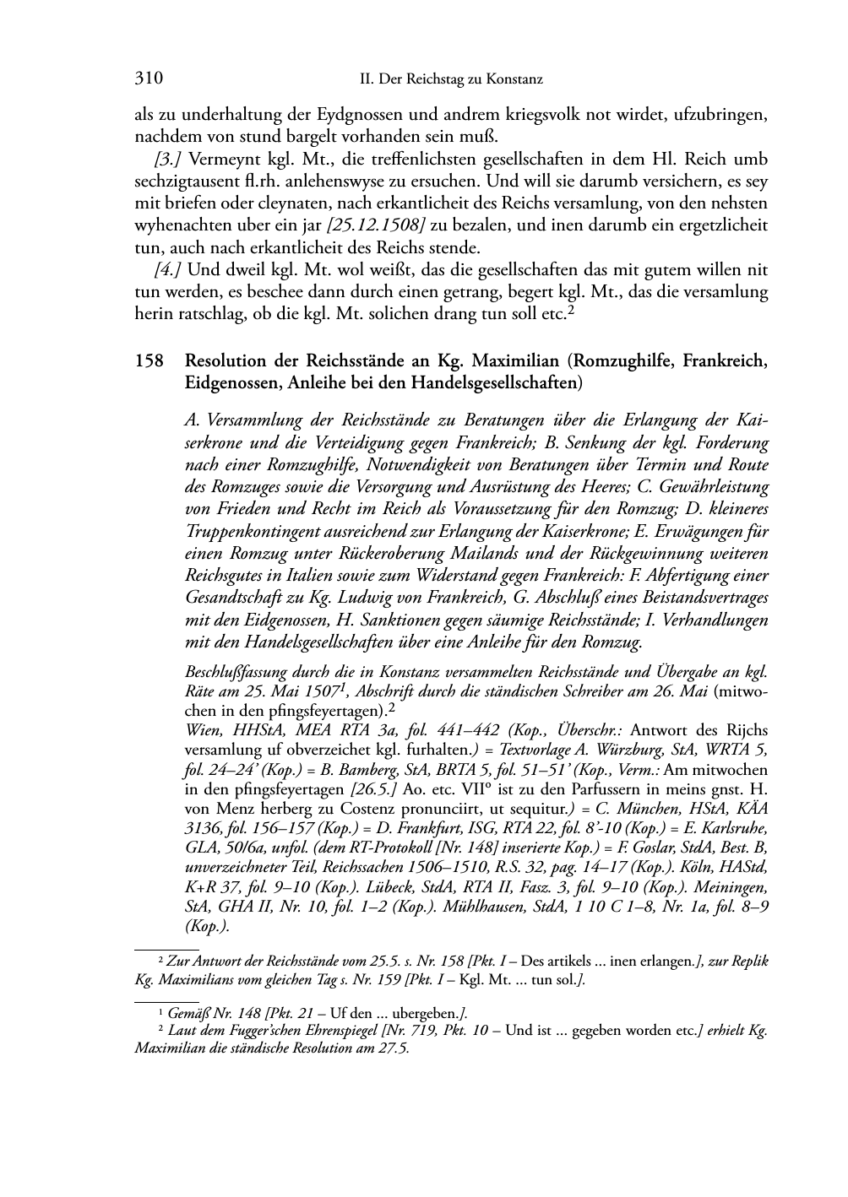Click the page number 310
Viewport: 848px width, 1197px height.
click(149, 79)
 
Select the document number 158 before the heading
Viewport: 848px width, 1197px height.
click(149, 362)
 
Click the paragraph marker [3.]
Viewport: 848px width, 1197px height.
click(169, 160)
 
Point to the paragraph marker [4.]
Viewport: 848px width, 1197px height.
click(169, 270)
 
